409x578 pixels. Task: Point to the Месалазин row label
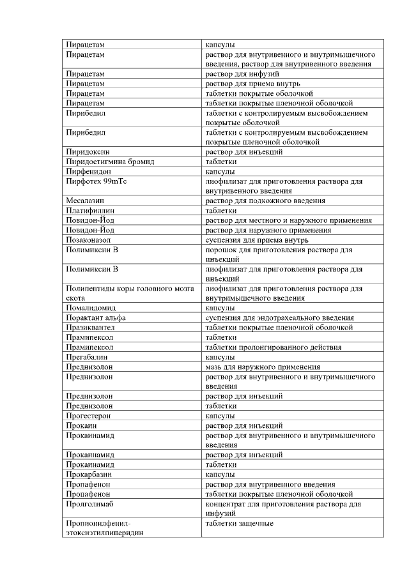tap(86, 201)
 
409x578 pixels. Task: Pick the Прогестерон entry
tap(88, 415)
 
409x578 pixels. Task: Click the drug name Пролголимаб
tap(89, 504)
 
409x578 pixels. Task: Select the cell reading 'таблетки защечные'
tap(239, 524)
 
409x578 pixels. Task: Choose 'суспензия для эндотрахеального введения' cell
tap(279, 317)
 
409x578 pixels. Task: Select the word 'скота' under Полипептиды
tap(75, 298)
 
